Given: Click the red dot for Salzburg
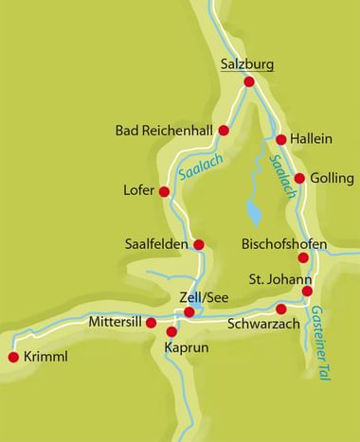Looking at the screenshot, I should (x=249, y=82).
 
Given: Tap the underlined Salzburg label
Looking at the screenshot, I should (x=246, y=64).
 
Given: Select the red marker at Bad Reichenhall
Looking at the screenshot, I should (x=224, y=130).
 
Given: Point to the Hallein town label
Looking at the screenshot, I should (x=311, y=139).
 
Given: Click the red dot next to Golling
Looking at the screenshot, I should (x=299, y=178).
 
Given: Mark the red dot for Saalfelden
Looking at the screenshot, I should (x=199, y=244).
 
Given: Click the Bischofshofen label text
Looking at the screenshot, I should (x=284, y=245).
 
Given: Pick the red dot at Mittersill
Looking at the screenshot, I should (x=152, y=322).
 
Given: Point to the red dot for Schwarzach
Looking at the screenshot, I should (x=280, y=309).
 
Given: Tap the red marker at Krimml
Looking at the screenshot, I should (x=13, y=357).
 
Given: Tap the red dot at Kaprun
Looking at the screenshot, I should (x=171, y=331).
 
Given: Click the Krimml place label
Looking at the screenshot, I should (x=46, y=358).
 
